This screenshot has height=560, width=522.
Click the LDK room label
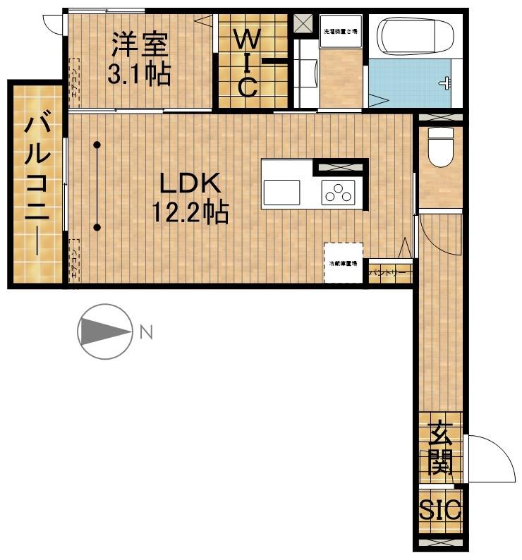coord(190,184)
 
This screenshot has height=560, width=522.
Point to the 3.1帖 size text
coord(139,73)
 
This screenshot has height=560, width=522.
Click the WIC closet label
coord(246,61)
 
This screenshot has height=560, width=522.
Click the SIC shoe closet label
coord(440,509)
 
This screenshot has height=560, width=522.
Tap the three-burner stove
coord(337,193)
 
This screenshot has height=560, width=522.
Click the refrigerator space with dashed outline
coord(344,263)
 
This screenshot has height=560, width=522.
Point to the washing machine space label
coord(341,32)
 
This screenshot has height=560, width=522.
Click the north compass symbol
coord(105,331)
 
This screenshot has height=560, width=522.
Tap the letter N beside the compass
coord(145,331)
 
